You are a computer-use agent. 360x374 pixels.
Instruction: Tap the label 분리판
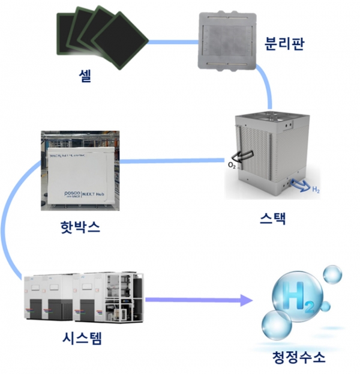283,44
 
